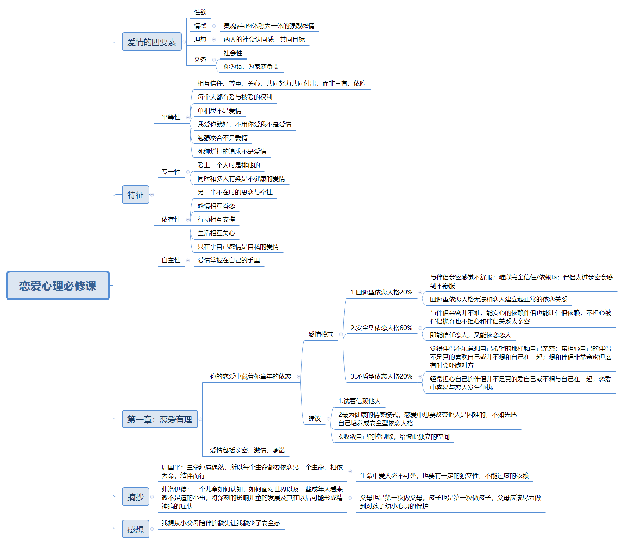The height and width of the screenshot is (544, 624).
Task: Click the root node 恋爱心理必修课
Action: click(58, 286)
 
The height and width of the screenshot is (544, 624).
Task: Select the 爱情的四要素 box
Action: click(152, 42)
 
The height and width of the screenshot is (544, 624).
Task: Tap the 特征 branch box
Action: click(136, 195)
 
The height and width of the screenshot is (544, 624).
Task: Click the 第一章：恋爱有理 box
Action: click(160, 419)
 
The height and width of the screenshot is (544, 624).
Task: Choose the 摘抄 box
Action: click(136, 497)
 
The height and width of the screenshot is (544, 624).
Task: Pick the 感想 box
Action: click(136, 529)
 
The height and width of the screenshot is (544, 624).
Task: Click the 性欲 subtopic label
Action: click(200, 12)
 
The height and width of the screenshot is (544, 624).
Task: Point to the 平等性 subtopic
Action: click(171, 117)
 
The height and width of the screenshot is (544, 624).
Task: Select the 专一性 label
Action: click(171, 172)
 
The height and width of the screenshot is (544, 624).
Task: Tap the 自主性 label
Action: click(171, 260)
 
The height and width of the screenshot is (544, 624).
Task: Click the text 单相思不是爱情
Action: click(219, 111)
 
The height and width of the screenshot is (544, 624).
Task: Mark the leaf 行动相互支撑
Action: click(216, 219)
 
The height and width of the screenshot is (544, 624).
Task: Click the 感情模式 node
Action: click(321, 334)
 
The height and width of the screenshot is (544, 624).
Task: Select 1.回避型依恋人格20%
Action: click(382, 292)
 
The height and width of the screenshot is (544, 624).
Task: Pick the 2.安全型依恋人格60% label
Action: click(382, 328)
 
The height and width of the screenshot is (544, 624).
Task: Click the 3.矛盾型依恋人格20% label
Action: click(382, 376)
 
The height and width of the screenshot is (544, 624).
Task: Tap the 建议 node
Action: click(315, 419)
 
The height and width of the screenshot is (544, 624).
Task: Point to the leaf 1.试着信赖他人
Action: click(360, 401)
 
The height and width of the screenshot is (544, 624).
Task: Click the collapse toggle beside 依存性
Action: click(188, 220)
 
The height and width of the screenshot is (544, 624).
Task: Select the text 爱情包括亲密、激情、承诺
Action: click(248, 450)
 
